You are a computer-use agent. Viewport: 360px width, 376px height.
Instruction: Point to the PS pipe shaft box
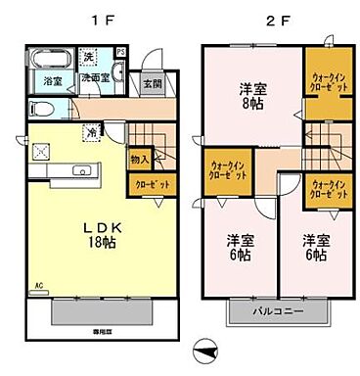[120, 52]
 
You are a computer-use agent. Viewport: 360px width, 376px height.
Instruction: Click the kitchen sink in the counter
[83, 171]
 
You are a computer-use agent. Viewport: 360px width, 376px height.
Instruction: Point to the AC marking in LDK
[40, 288]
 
